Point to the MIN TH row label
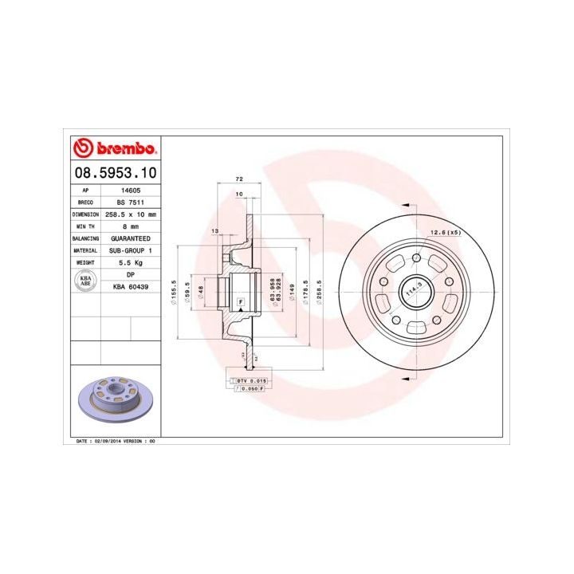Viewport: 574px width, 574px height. pos(85,226)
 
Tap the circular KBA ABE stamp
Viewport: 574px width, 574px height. pos(85,280)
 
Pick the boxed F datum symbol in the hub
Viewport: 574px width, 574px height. pos(240,301)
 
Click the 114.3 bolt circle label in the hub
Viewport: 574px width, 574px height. pos(412,293)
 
